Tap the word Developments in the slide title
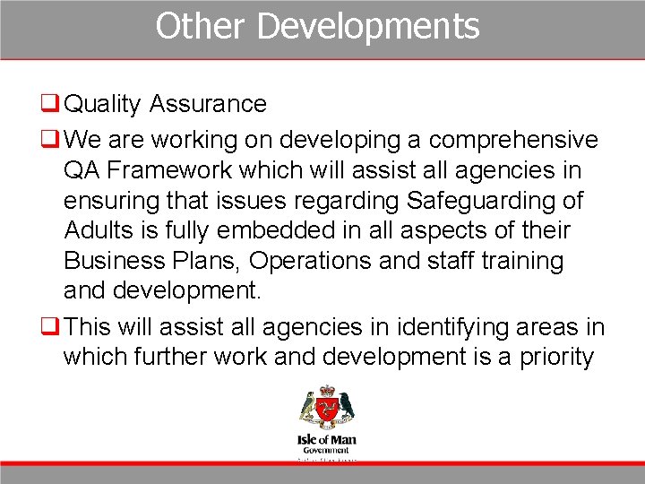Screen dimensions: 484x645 [x=368, y=27]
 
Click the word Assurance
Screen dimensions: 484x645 [x=208, y=104]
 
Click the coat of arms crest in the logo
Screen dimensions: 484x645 [x=326, y=408]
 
